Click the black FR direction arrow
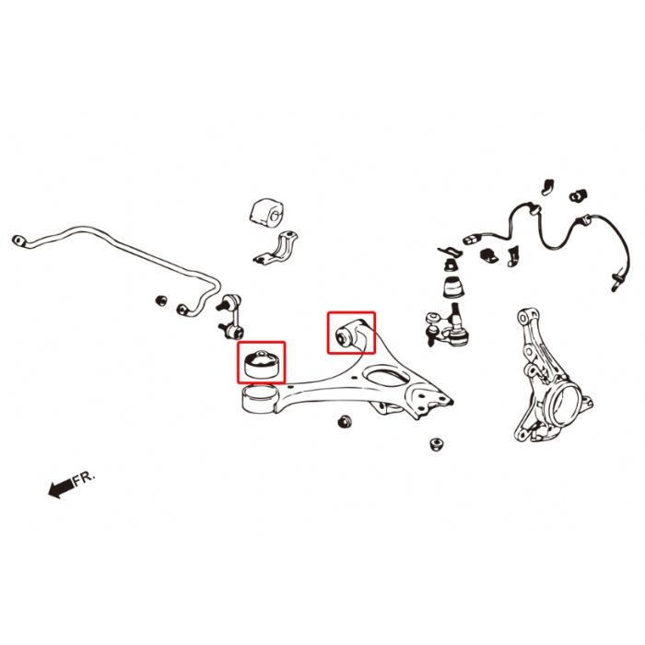pyautogui.click(x=61, y=487)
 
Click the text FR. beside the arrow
pyautogui.click(x=84, y=478)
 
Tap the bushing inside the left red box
pyautogui.click(x=261, y=364)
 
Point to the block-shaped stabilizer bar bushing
pyautogui.click(x=267, y=212)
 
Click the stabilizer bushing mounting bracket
pyautogui.click(x=276, y=248)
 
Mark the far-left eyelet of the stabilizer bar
pyautogui.click(x=18, y=240)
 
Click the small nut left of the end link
pyautogui.click(x=161, y=300)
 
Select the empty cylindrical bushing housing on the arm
pyautogui.click(x=260, y=398)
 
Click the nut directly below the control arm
pyautogui.click(x=346, y=422)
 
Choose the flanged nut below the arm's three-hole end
pyautogui.click(x=437, y=444)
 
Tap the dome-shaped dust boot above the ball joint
pyautogui.click(x=454, y=287)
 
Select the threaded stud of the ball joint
pyautogui.click(x=455, y=312)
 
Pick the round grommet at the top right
pyautogui.click(x=578, y=195)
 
